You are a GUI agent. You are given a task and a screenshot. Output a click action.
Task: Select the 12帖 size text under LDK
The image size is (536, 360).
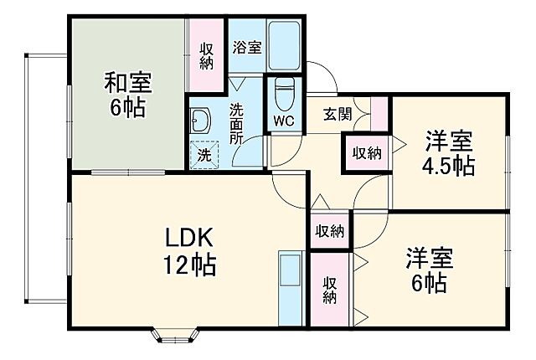[x=188, y=266]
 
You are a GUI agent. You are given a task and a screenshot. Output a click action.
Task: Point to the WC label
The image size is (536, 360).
[x=283, y=120]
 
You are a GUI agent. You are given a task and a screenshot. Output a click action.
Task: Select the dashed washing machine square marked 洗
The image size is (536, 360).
[x=204, y=155]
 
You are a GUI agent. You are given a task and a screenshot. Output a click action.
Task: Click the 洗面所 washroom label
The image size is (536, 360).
[x=237, y=123]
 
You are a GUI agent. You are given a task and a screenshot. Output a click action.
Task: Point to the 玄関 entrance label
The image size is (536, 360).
[x=339, y=116]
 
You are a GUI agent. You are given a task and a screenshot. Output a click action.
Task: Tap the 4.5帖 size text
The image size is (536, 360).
[x=447, y=165]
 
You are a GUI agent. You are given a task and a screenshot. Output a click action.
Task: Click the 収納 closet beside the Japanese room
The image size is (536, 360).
[x=205, y=55]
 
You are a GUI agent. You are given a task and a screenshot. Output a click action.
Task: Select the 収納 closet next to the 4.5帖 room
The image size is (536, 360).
[x=366, y=153]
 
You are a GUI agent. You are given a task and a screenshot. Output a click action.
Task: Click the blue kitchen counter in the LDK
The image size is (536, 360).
[x=290, y=287]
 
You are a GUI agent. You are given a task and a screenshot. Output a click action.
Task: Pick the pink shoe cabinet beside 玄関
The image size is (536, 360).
[x=379, y=114]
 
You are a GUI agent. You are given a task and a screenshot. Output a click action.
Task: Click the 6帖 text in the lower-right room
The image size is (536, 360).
[x=429, y=282]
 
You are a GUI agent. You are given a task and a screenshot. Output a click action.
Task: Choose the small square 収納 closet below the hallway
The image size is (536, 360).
[x=330, y=230]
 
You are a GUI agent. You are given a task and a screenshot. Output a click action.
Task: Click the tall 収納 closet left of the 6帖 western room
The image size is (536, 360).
[x=330, y=289]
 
